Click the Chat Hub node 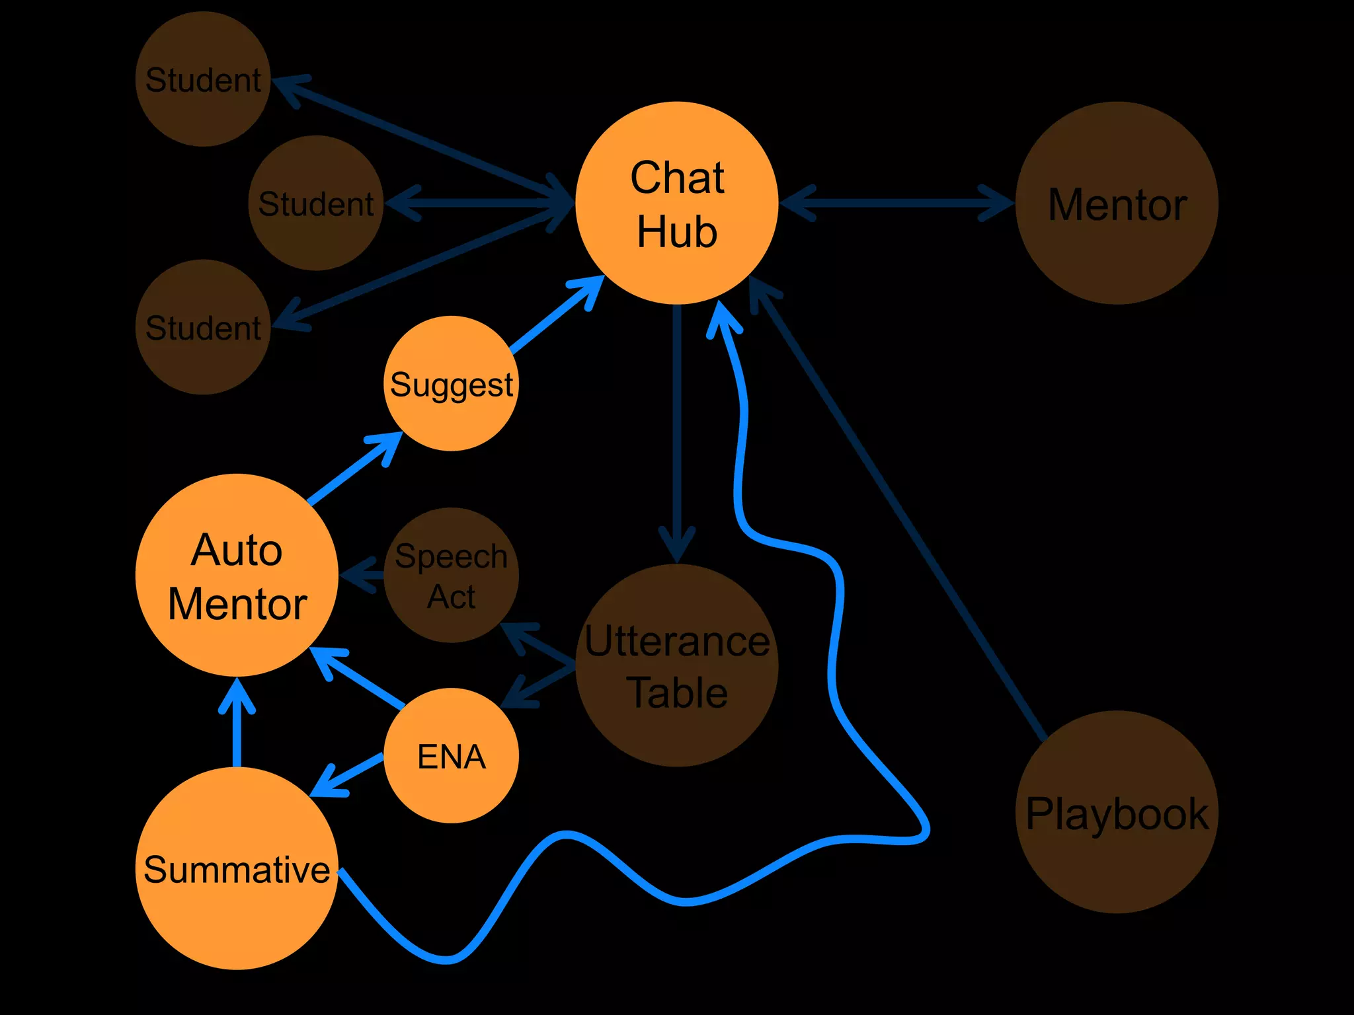[676, 203]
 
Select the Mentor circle [1117, 203]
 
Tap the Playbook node [1117, 812]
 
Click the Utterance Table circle [676, 665]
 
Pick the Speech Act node [451, 575]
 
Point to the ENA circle [451, 755]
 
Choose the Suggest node [451, 383]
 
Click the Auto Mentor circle [237, 575]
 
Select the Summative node [237, 868]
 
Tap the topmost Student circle [203, 79]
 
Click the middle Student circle [316, 203]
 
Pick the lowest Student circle [203, 327]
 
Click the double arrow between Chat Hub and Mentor [896, 203]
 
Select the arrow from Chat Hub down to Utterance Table [676, 430]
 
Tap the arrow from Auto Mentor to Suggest [354, 469]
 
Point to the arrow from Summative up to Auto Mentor [237, 727]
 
